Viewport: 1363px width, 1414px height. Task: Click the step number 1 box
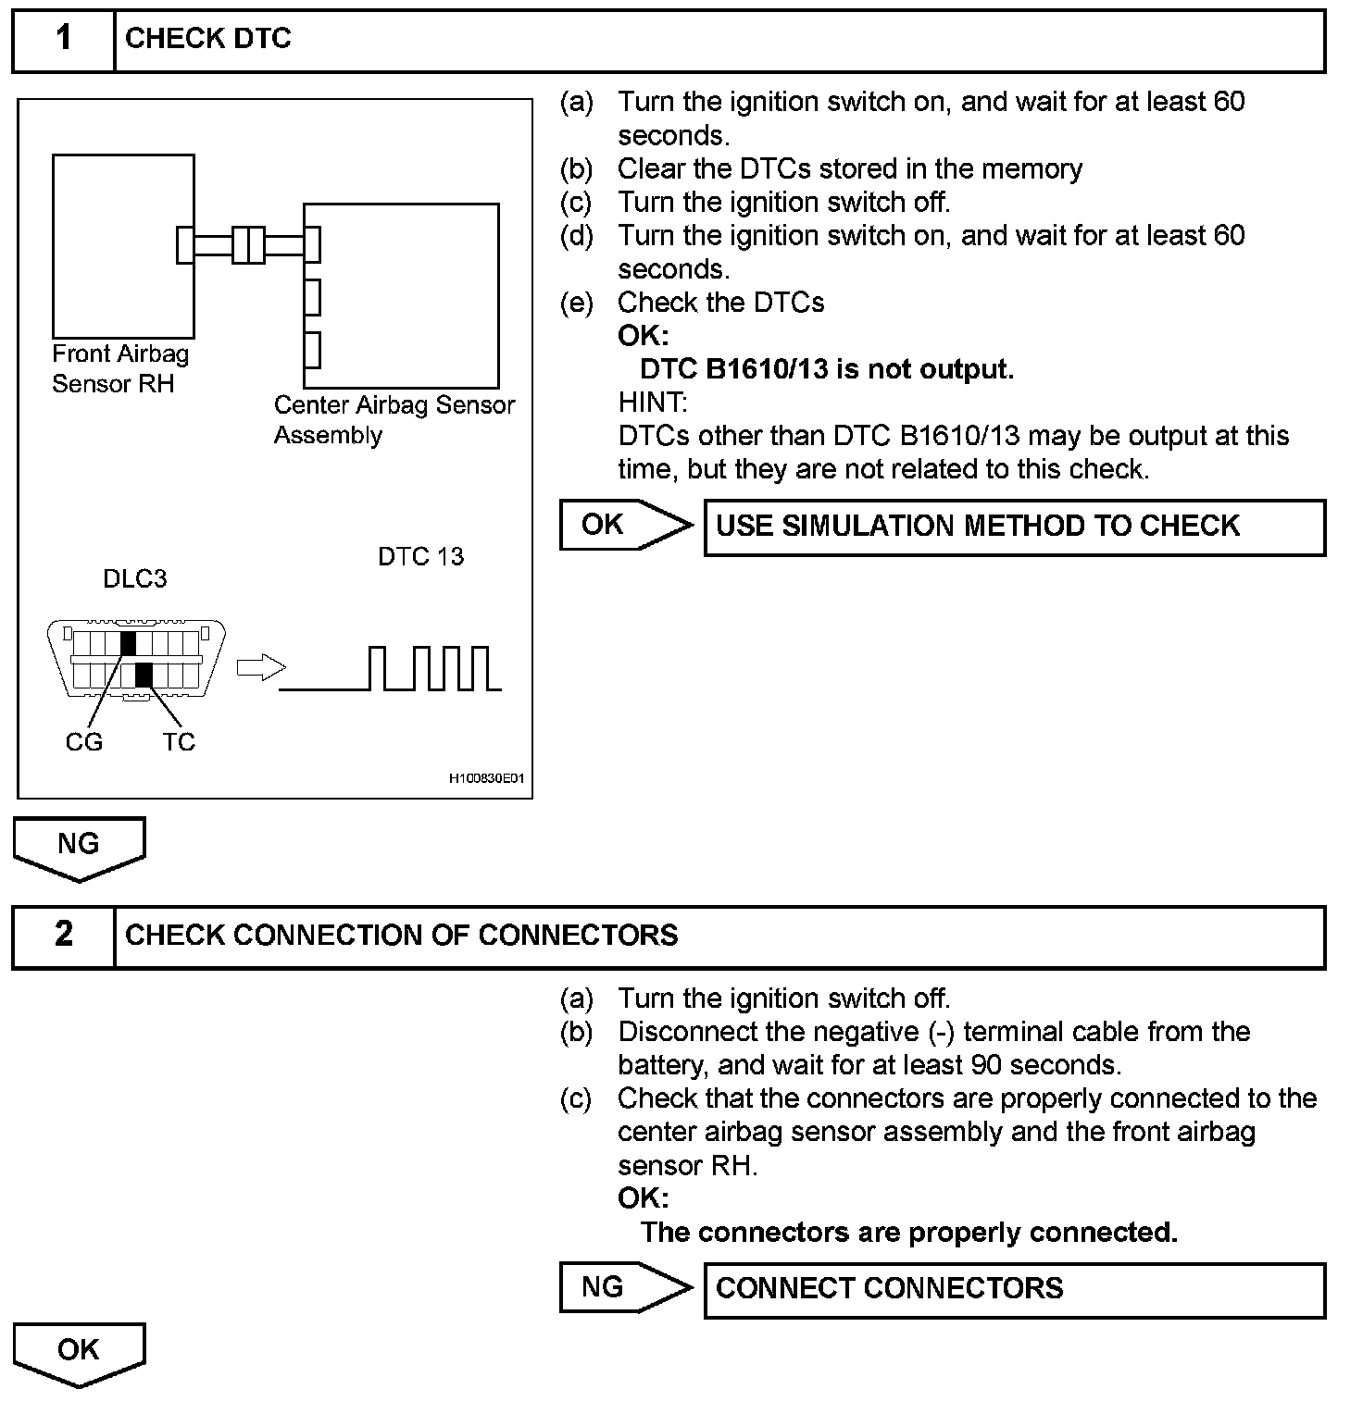(63, 40)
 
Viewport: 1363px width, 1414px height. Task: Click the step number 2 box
(63, 936)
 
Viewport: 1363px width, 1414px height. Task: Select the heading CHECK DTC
(208, 39)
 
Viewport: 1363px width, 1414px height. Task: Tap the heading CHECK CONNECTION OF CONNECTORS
(401, 936)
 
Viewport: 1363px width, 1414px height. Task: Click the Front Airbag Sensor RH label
(119, 368)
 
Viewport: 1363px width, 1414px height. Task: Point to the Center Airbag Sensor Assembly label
(394, 420)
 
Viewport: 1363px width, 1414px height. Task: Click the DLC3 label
(135, 579)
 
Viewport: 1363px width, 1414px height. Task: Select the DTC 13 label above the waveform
(420, 557)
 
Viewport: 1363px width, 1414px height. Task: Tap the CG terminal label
(84, 742)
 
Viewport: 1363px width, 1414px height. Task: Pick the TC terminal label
(179, 742)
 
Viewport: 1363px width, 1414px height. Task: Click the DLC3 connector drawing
(137, 659)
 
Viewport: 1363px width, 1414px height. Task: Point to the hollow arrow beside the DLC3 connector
(261, 667)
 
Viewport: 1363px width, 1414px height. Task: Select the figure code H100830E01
(486, 778)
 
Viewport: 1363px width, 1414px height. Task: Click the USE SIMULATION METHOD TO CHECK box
(1014, 527)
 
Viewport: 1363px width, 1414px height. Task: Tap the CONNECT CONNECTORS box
(1014, 1289)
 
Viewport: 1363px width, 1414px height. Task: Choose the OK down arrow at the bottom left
(79, 1353)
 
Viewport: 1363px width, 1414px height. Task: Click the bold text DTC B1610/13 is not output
(827, 369)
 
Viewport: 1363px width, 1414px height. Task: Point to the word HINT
(653, 403)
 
